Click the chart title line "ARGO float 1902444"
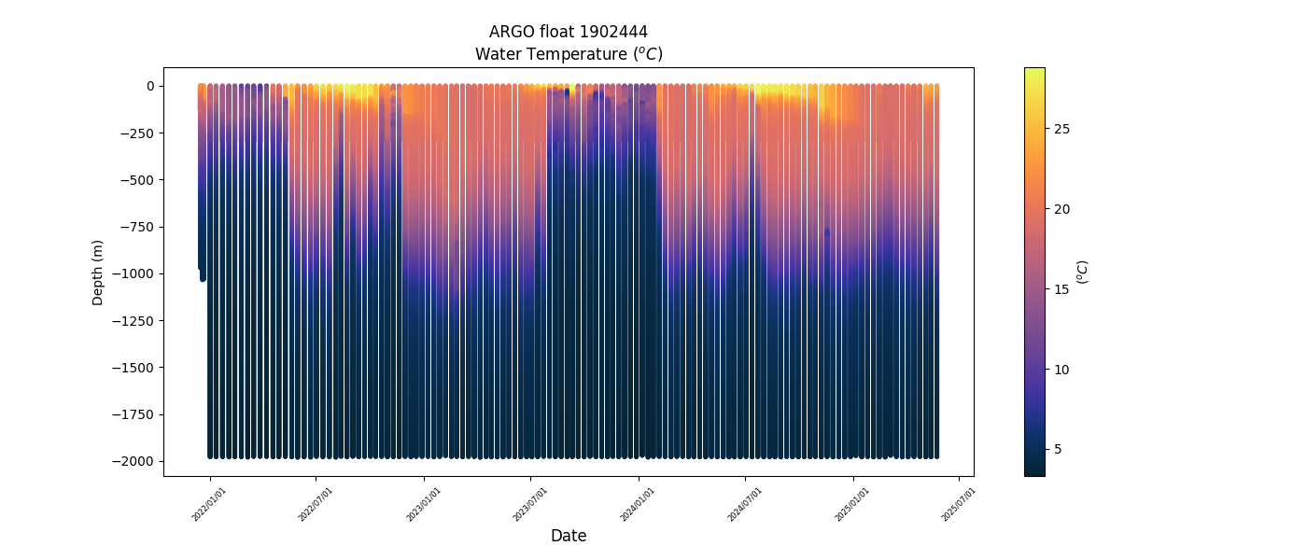pyautogui.click(x=568, y=33)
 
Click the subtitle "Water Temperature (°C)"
pyautogui.click(x=568, y=54)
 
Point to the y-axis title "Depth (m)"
pyautogui.click(x=98, y=272)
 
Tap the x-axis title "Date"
pyautogui.click(x=568, y=536)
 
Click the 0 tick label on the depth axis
pyautogui.click(x=148, y=86)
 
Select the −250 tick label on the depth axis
pyautogui.click(x=136, y=133)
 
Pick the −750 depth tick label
pyautogui.click(x=136, y=227)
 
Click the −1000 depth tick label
pyautogui.click(x=134, y=273)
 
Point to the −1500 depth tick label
pyautogui.click(x=134, y=368)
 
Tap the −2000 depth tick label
pyautogui.click(x=134, y=461)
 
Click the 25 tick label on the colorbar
pyautogui.click(x=1061, y=129)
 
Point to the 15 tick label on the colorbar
pyautogui.click(x=1061, y=289)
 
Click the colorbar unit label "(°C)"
pyautogui.click(x=1082, y=272)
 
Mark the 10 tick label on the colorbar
pyautogui.click(x=1061, y=370)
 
